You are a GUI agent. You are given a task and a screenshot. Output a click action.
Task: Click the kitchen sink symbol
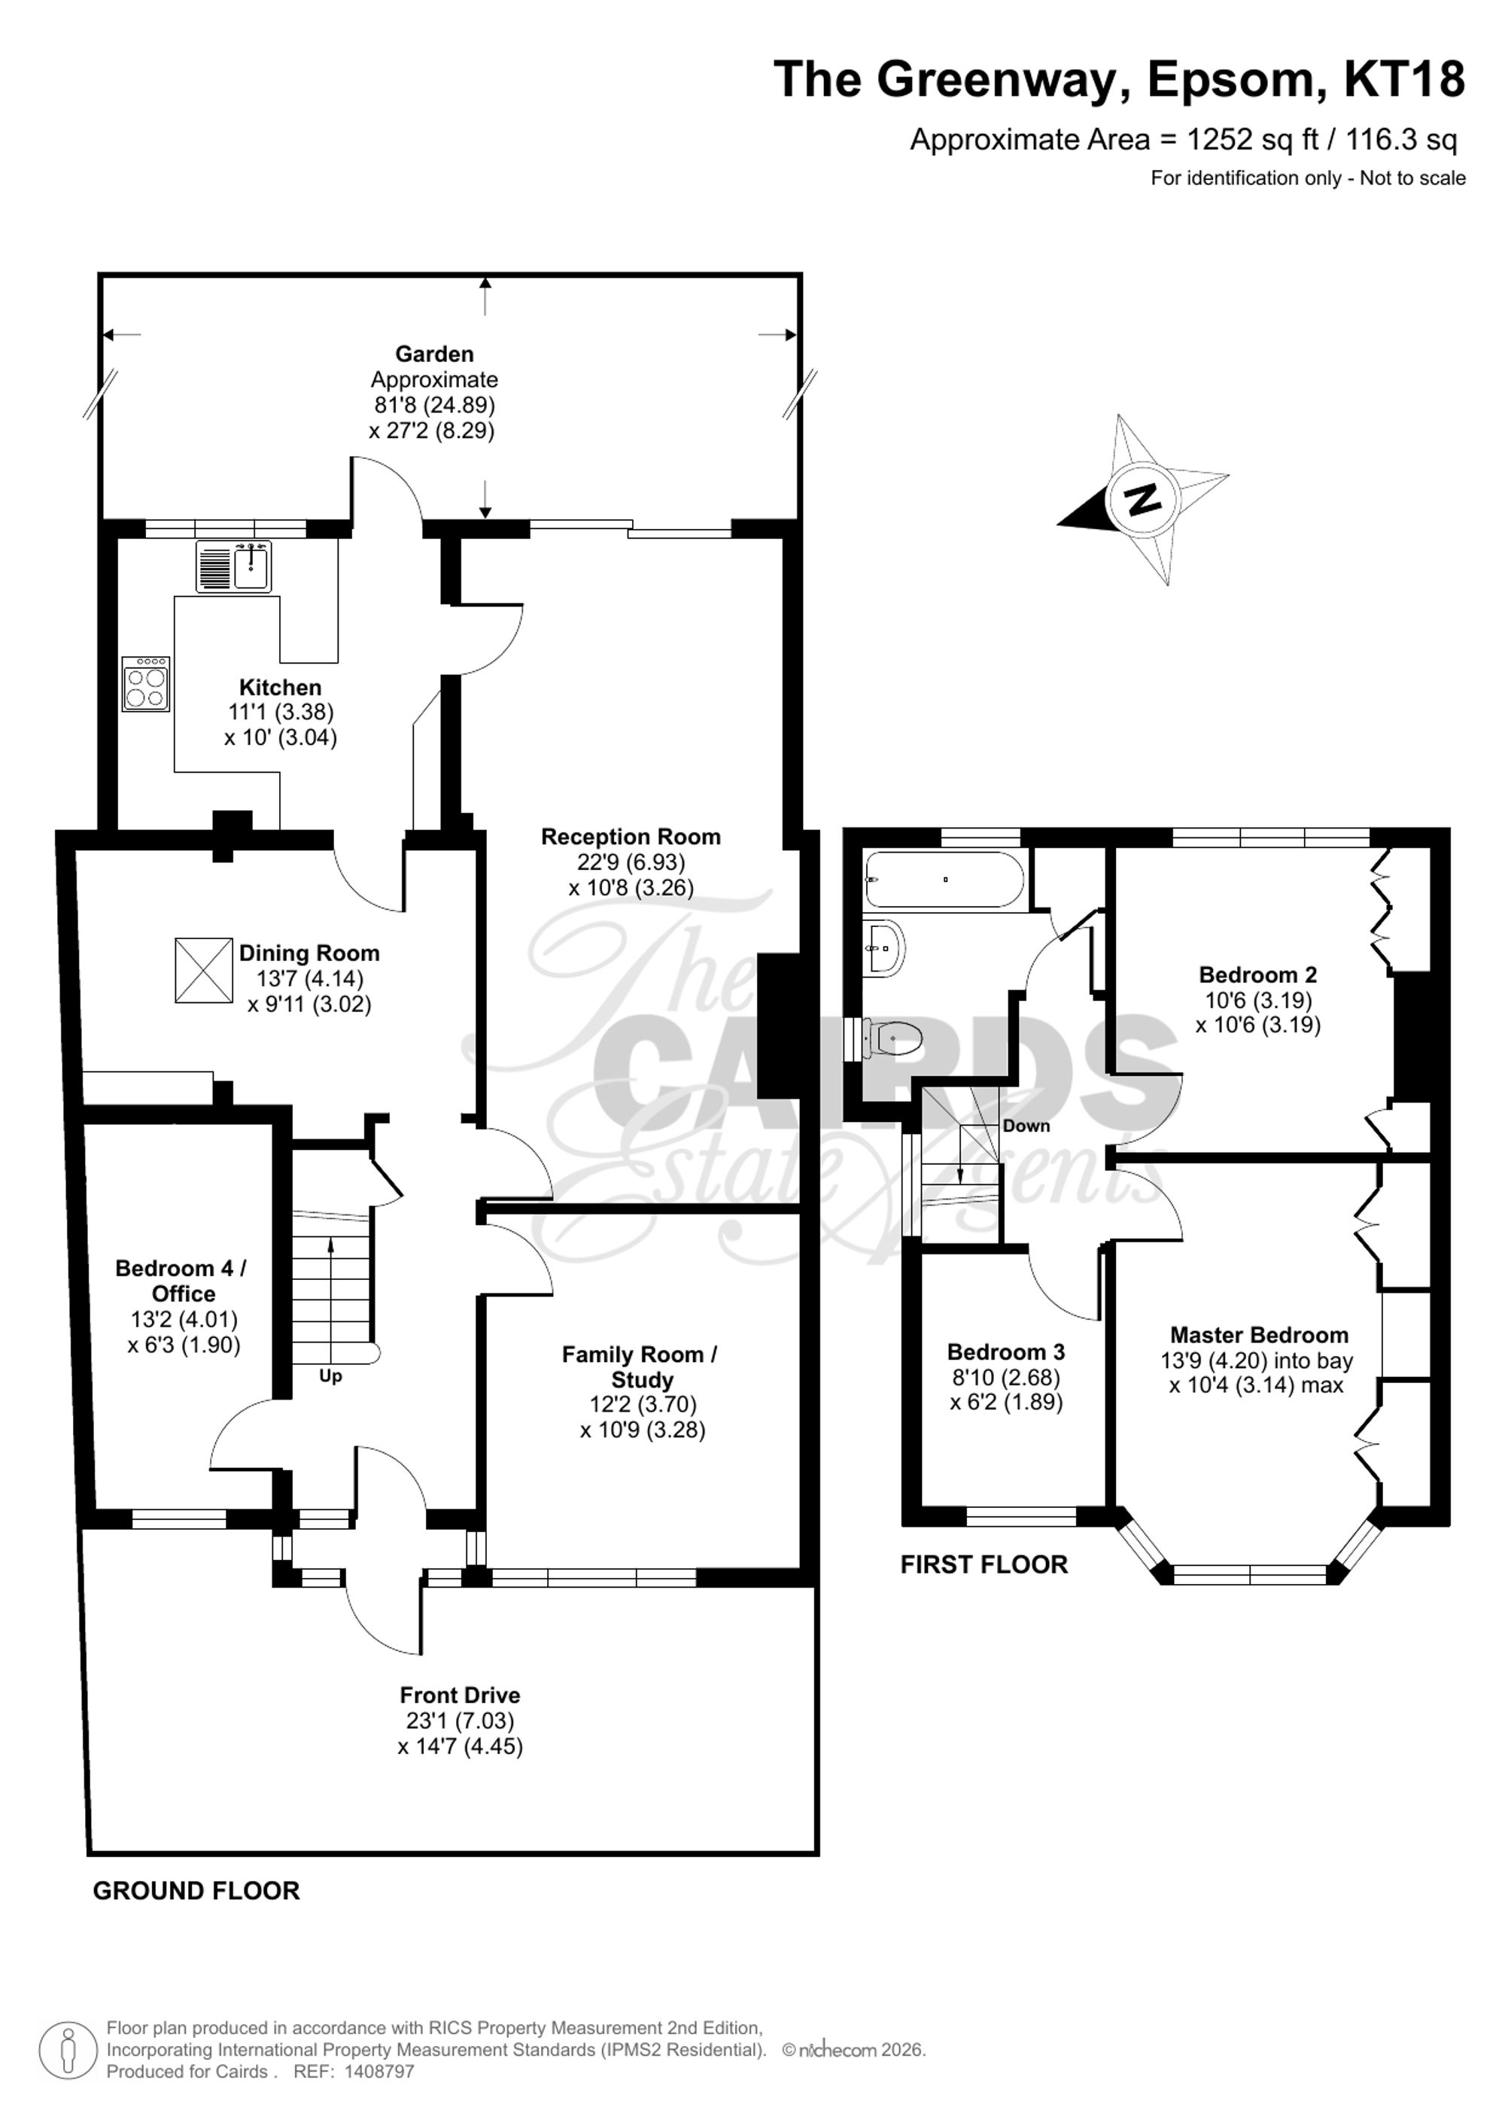click(233, 567)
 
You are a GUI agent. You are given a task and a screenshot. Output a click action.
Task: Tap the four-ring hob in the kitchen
click(145, 684)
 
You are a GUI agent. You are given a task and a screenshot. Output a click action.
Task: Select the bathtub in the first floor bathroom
click(944, 880)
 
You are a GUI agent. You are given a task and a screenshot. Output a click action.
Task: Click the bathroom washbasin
click(884, 948)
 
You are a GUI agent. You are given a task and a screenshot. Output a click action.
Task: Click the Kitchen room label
click(280, 688)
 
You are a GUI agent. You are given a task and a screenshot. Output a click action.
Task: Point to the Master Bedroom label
click(1258, 1336)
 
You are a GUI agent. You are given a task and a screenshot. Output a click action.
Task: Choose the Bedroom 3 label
click(1005, 1352)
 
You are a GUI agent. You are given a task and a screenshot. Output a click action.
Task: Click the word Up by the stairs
click(331, 1377)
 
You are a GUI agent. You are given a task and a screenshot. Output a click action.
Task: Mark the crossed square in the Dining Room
click(203, 971)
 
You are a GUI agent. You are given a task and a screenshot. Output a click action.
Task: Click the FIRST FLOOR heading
click(984, 1565)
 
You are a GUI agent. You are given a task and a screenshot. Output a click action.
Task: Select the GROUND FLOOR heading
click(196, 1892)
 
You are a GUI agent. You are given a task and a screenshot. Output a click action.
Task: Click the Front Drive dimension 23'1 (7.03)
click(461, 1721)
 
